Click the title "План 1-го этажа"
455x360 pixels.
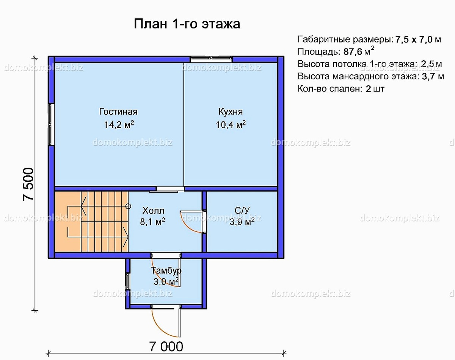click(187, 24)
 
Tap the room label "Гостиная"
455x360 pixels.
click(118, 112)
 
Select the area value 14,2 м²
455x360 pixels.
click(118, 125)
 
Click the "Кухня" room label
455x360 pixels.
click(231, 112)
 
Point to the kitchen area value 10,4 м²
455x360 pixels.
click(231, 125)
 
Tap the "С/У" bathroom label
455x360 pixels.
click(242, 210)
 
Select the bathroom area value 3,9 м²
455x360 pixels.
click(242, 222)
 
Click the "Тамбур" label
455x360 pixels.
click(166, 271)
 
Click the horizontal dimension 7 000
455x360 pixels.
click(166, 346)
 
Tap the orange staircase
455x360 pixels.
click(91, 221)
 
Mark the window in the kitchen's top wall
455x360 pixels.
click(211, 59)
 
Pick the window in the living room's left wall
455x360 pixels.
click(51, 124)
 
